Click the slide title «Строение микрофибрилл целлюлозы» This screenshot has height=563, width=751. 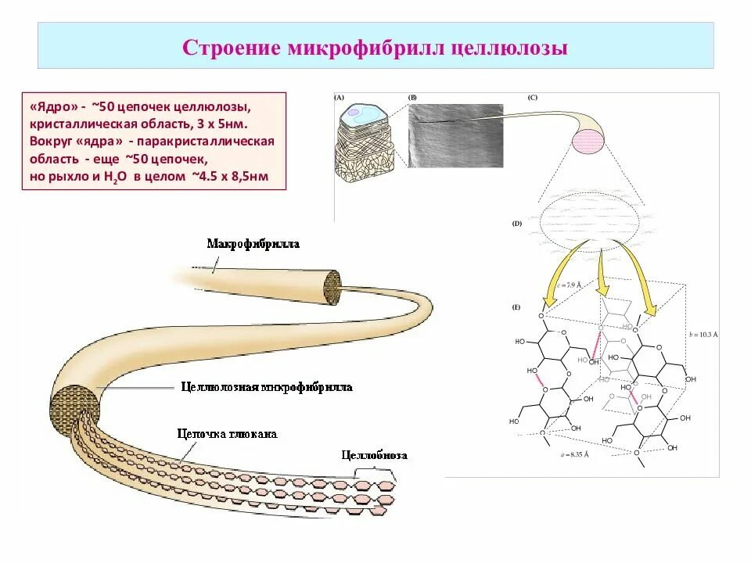click(375, 47)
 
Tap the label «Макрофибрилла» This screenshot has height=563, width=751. click(253, 244)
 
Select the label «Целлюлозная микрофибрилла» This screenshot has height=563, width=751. click(266, 387)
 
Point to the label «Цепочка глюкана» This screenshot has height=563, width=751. click(227, 434)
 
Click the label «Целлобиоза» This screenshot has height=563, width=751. click(374, 455)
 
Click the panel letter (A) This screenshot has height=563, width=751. click(340, 98)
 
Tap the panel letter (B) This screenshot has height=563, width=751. click(412, 98)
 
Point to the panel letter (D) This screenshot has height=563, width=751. click(517, 224)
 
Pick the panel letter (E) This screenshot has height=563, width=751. click(516, 307)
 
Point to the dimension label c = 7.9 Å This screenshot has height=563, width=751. click(569, 285)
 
